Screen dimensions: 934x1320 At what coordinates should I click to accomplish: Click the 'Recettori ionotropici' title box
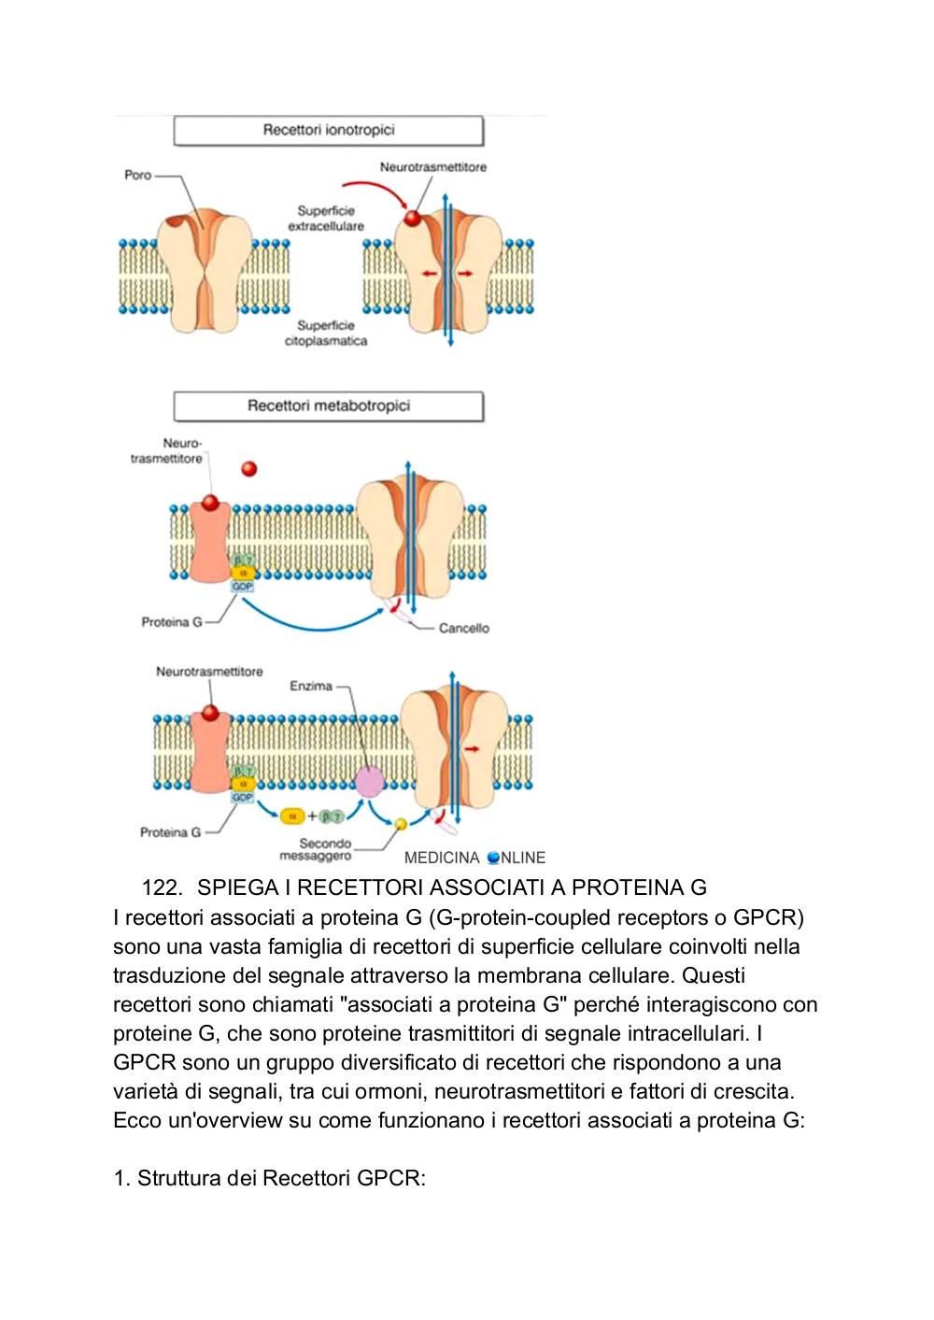pos(328,130)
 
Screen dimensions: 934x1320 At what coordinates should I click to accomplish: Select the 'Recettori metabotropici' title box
pos(328,406)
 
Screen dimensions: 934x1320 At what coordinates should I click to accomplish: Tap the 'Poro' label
pos(138,175)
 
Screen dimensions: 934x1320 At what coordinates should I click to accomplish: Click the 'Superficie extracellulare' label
pos(326,218)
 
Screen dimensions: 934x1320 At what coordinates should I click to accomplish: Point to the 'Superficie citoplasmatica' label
pos(326,333)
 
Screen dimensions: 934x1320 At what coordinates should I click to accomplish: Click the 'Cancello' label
pos(464,628)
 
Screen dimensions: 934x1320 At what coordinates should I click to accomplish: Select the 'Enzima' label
pos(311,686)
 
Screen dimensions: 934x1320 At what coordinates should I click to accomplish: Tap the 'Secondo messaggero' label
pos(317,849)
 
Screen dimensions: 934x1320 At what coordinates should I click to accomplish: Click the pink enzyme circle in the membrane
pos(370,782)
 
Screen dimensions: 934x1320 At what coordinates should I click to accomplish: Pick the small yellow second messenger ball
pos(401,824)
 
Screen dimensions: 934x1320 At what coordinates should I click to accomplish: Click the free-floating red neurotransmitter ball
pos(249,468)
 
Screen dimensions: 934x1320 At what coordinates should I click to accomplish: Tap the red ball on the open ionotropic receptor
pos(413,219)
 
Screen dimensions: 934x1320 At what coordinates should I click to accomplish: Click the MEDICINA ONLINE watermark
pos(475,858)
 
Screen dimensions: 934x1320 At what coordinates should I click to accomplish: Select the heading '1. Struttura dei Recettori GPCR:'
pos(269,1178)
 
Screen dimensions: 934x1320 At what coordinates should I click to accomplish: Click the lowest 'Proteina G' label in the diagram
pos(170,832)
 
